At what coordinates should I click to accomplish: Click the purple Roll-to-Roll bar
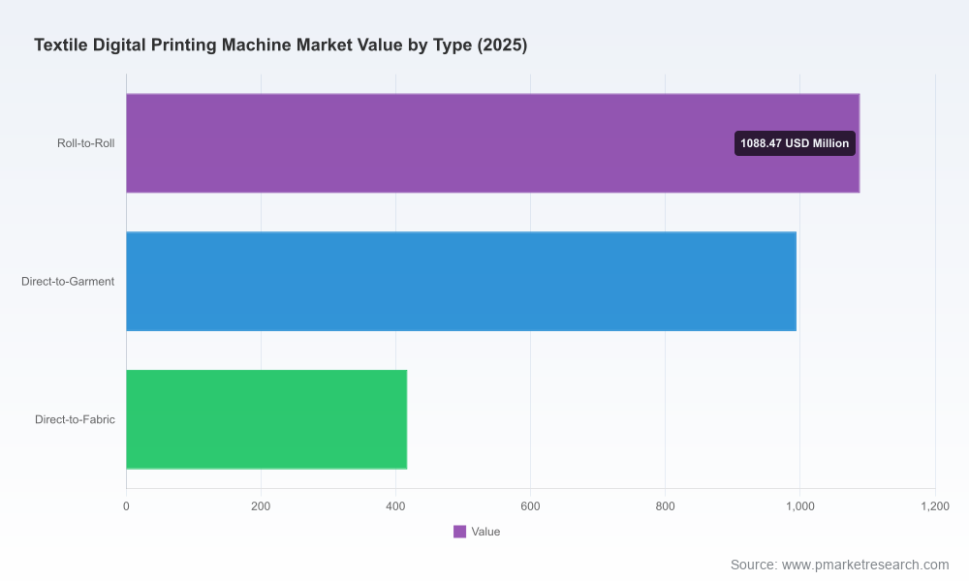[x=492, y=143]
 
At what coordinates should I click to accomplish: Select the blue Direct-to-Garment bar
[x=461, y=282]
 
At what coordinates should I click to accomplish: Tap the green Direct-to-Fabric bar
[x=266, y=419]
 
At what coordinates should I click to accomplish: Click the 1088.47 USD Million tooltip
[x=795, y=143]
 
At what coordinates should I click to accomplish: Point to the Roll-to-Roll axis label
[x=86, y=143]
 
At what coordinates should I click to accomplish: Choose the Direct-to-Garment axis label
[x=68, y=282]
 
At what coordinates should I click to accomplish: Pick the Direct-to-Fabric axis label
[x=75, y=419]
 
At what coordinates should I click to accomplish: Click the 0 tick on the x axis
[x=126, y=506]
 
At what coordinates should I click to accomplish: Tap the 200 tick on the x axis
[x=261, y=506]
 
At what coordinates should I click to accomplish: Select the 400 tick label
[x=395, y=506]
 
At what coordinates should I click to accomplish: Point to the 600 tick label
[x=530, y=506]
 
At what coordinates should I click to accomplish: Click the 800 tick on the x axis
[x=665, y=506]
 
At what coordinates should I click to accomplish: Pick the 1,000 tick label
[x=799, y=506]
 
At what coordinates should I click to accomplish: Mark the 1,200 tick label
[x=935, y=506]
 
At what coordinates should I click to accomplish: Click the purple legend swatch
[x=459, y=532]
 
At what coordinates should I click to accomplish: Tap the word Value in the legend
[x=485, y=532]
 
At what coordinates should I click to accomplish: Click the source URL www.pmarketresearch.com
[x=865, y=565]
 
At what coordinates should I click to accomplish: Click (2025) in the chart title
[x=502, y=46]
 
